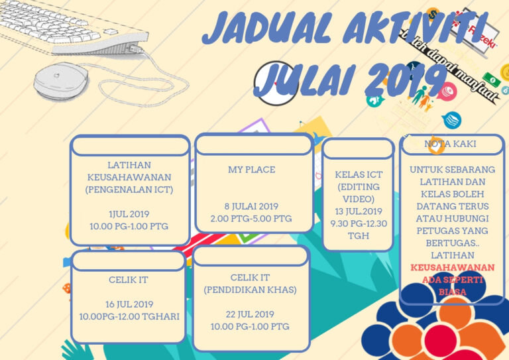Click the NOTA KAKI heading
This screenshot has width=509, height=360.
click(x=450, y=143)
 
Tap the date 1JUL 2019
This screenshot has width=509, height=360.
click(x=129, y=213)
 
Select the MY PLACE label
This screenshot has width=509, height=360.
click(x=251, y=170)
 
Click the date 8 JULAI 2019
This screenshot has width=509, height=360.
click(x=251, y=206)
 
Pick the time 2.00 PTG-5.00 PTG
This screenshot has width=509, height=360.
click(x=251, y=218)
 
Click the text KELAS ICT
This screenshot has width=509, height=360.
click(x=359, y=174)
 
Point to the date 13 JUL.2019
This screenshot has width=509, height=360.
click(x=359, y=211)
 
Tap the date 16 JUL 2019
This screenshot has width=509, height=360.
click(x=130, y=304)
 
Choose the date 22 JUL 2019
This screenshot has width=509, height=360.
click(x=250, y=314)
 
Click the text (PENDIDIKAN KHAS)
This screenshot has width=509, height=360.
click(x=250, y=290)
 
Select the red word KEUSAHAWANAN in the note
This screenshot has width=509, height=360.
click(x=452, y=267)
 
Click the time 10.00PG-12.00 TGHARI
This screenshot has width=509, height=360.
click(x=130, y=316)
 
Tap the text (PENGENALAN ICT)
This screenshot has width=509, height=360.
click(x=129, y=190)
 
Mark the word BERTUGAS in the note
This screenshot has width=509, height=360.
click(x=451, y=243)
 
